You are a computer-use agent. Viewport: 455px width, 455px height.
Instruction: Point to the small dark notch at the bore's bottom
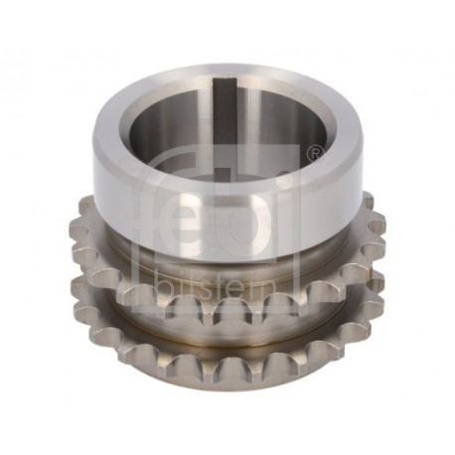pyautogui.click(x=222, y=173)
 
